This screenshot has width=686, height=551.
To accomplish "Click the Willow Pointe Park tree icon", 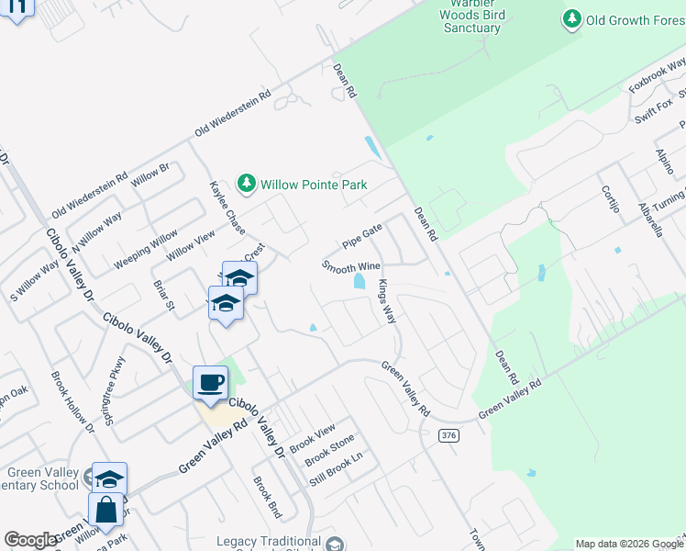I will point(246,185).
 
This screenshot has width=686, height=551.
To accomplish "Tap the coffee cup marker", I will point(210,382).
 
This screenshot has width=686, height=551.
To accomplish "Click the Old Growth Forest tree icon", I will point(573,18).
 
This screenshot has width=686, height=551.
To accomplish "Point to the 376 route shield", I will point(448,435).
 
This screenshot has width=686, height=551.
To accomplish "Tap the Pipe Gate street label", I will point(361,237).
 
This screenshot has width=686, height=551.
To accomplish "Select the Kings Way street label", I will point(388,302).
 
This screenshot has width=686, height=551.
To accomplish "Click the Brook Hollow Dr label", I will point(73,402).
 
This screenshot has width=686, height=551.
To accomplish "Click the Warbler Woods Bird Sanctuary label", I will point(470,17).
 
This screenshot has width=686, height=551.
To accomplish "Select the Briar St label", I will point(164,296).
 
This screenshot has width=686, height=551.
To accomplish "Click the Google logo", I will point(30,540).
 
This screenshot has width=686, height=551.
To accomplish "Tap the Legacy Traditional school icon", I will point(336,544).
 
